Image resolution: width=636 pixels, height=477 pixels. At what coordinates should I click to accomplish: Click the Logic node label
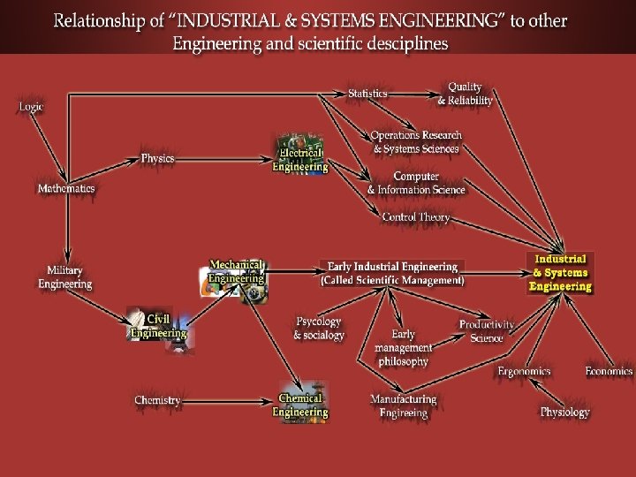pyautogui.click(x=31, y=107)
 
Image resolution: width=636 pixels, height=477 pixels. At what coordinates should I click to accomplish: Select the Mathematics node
pyautogui.click(x=66, y=188)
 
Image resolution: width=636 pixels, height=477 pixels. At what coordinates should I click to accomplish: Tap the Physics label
pyautogui.click(x=158, y=158)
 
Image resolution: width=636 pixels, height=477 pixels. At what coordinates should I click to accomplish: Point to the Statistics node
pyautogui.click(x=367, y=94)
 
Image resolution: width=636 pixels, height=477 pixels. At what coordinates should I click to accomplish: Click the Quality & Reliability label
pyautogui.click(x=465, y=94)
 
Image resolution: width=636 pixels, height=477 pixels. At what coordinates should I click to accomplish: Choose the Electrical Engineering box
pyautogui.click(x=300, y=155)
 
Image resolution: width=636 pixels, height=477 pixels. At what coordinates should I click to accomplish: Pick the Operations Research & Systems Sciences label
pyautogui.click(x=416, y=142)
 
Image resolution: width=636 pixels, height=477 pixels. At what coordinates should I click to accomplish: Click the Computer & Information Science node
pyautogui.click(x=416, y=183)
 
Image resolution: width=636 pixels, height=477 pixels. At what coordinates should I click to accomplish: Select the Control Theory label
pyautogui.click(x=416, y=216)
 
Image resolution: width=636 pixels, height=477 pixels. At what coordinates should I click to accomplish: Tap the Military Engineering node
pyautogui.click(x=65, y=277)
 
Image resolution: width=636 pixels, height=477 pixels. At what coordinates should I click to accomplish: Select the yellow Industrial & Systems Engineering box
pyautogui.click(x=560, y=273)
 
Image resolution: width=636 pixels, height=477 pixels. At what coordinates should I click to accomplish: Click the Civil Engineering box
pyautogui.click(x=159, y=326)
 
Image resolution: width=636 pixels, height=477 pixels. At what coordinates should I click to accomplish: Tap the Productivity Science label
pyautogui.click(x=487, y=331)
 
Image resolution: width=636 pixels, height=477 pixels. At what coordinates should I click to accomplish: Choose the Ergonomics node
pyautogui.click(x=524, y=371)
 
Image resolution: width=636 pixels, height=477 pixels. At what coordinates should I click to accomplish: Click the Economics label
pyautogui.click(x=609, y=371)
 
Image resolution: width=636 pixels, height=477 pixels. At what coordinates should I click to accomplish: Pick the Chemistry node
pyautogui.click(x=158, y=400)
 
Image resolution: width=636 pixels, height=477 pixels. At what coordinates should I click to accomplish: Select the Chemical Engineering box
pyautogui.click(x=300, y=405)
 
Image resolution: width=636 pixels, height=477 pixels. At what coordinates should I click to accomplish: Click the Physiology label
pyautogui.click(x=565, y=412)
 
